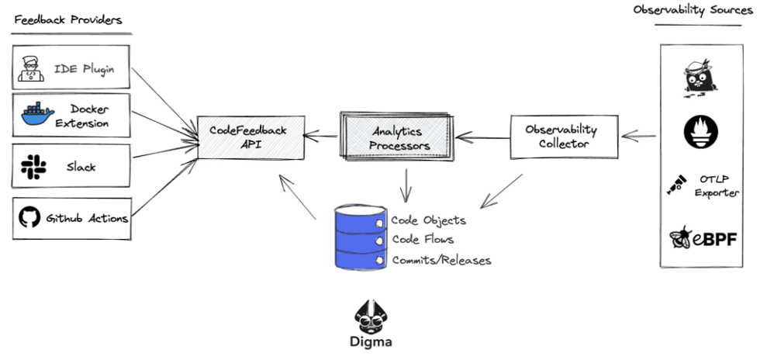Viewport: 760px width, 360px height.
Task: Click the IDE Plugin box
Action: click(71, 68)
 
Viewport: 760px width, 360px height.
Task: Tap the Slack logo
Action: click(33, 166)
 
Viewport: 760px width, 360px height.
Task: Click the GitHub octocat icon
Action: click(29, 218)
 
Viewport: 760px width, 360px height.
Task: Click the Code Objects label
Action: click(428, 220)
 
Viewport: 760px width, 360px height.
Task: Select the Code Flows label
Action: click(423, 240)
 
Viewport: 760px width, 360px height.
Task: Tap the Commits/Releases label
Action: click(441, 260)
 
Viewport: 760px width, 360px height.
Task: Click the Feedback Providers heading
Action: click(67, 20)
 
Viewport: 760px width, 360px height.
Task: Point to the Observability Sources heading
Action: click(693, 10)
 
